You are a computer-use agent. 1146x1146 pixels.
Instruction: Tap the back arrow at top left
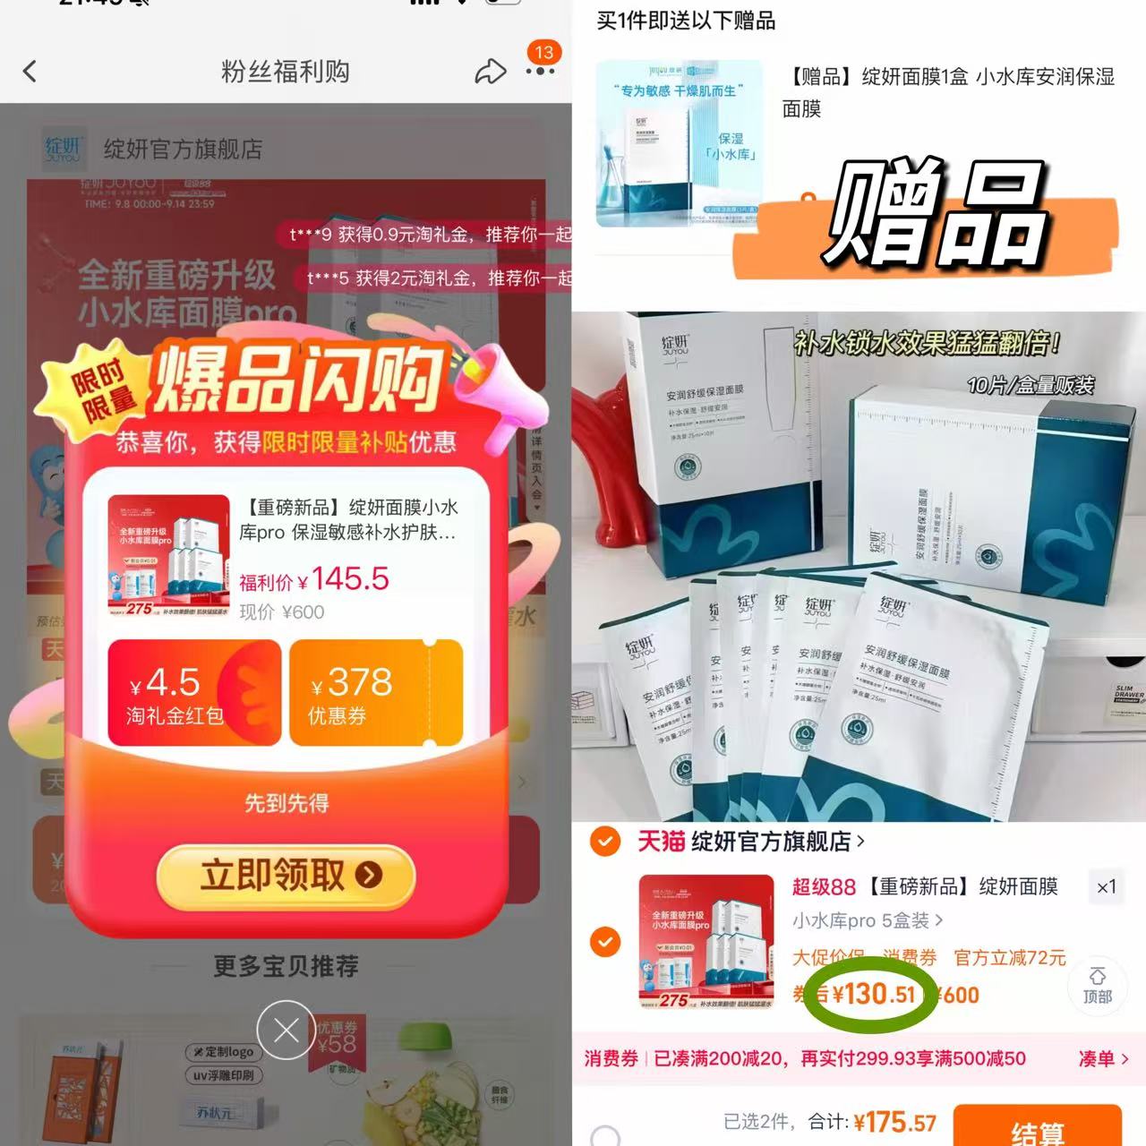pos(30,71)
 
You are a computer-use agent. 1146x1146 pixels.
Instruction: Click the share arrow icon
pos(490,72)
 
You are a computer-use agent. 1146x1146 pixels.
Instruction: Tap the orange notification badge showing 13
pos(543,53)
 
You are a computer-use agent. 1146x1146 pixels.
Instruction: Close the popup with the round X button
pos(286,1031)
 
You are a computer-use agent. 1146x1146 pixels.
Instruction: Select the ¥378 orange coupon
pos(375,692)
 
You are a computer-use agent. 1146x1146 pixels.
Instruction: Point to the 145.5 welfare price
pos(350,579)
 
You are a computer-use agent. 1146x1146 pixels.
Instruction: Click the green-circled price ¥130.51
pos(873,994)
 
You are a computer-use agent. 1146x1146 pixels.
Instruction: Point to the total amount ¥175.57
pos(894,1122)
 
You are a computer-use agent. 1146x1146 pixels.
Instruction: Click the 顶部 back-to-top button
pos(1097,986)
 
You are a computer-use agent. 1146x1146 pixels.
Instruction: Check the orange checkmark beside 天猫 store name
pos(606,842)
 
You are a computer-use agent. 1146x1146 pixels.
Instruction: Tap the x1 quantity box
pos(1107,886)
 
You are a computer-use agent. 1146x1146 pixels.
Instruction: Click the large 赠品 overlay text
pos(936,215)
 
